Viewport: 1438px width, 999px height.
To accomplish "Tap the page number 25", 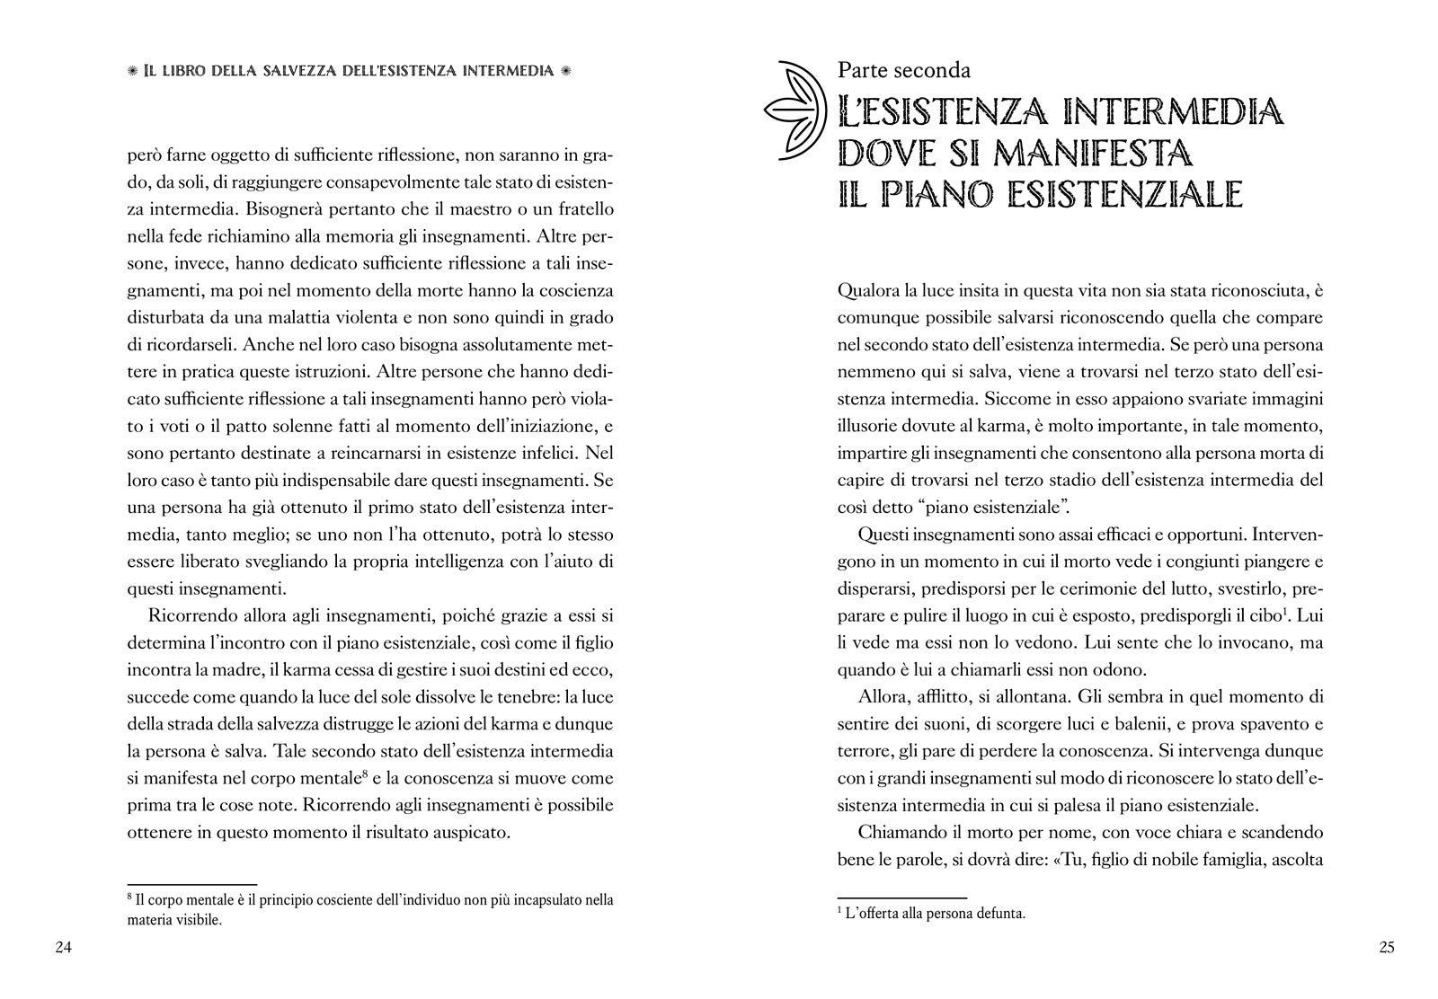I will pos(1386,947).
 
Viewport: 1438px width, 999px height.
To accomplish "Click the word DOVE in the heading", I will pos(884,154).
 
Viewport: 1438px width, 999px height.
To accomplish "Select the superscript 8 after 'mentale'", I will pos(363,772).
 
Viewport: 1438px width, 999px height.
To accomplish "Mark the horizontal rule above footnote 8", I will pos(192,884).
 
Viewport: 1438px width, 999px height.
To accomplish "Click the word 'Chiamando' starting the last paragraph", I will pos(900,831).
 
